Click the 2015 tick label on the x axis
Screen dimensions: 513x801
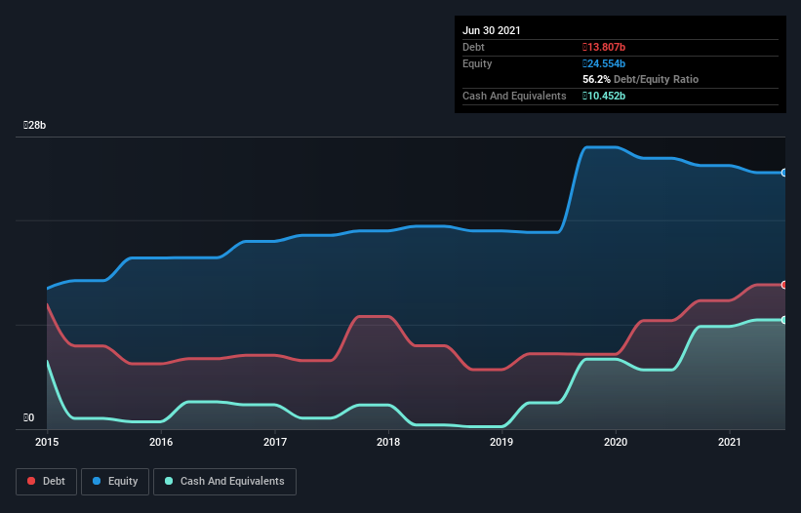(x=48, y=442)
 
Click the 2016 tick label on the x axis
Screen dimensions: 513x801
(x=161, y=442)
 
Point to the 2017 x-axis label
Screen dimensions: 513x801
(x=275, y=442)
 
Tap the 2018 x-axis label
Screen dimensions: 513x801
(x=388, y=442)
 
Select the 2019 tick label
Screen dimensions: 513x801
(x=501, y=442)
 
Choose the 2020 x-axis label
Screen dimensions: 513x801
(x=616, y=442)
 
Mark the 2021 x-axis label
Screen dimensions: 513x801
(x=729, y=442)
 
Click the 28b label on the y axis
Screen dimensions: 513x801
(x=35, y=126)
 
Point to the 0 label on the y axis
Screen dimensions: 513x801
(x=29, y=418)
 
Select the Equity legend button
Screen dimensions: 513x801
(x=114, y=481)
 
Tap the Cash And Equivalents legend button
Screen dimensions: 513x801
(x=224, y=481)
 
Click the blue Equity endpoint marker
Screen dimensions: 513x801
(x=784, y=173)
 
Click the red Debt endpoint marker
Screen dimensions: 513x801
(x=784, y=285)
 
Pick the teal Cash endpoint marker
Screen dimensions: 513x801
(x=784, y=320)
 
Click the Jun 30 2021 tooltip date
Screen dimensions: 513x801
(x=492, y=30)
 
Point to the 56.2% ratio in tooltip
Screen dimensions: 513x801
(x=595, y=79)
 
